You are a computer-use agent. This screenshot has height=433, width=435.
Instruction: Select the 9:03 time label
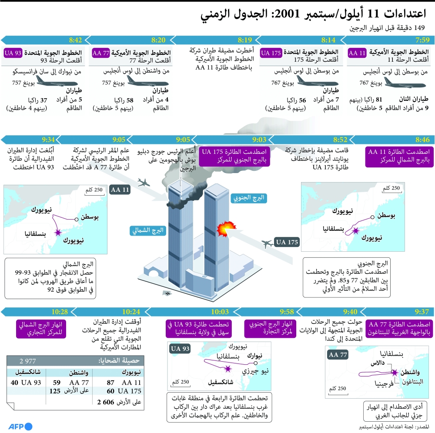(259, 140)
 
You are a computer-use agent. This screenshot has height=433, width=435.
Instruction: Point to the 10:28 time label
(59, 311)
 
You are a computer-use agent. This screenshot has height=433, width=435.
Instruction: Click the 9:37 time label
(422, 311)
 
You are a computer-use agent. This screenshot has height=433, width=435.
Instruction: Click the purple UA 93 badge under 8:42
(13, 53)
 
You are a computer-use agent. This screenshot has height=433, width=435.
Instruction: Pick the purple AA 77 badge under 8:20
(101, 53)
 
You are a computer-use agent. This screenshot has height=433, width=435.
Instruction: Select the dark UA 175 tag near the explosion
(287, 242)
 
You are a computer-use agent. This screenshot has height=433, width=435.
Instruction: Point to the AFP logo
(20, 426)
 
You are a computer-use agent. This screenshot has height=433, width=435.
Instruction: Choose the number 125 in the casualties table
(54, 391)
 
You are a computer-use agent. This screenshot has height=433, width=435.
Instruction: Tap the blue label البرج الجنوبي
(248, 198)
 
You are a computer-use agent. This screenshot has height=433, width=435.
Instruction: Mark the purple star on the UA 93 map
(228, 369)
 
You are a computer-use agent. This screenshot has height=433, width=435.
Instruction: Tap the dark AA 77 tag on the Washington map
(338, 355)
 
